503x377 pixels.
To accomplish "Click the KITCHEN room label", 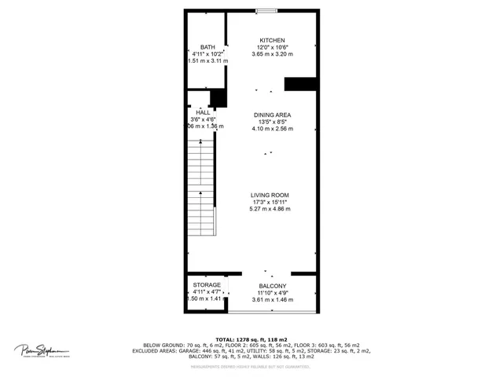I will pyautogui.click(x=273, y=40).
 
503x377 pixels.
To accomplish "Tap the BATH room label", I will pyautogui.click(x=207, y=47).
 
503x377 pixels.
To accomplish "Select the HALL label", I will pyautogui.click(x=203, y=112).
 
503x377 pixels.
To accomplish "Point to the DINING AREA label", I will pyautogui.click(x=272, y=115).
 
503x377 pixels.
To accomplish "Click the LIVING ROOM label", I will pyautogui.click(x=270, y=195).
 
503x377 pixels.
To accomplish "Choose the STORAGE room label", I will pyautogui.click(x=207, y=284).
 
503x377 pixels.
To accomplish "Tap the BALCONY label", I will pyautogui.click(x=273, y=286).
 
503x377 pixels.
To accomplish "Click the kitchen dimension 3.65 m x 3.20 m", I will pyautogui.click(x=273, y=53).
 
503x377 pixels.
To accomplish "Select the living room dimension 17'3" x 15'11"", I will pyautogui.click(x=270, y=202).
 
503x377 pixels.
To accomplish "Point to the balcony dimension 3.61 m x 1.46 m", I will pyautogui.click(x=273, y=299).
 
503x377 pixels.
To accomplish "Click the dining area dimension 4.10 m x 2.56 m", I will pyautogui.click(x=272, y=128).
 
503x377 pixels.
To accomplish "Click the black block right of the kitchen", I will pyautogui.click(x=300, y=83).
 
